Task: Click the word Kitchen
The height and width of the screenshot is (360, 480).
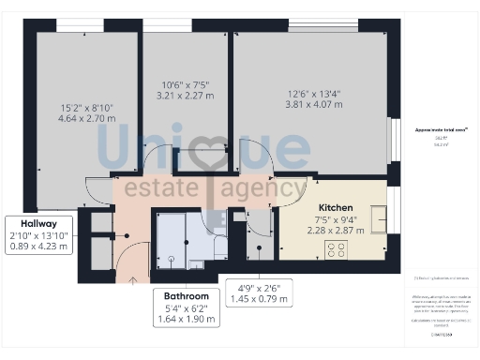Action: point(335,206)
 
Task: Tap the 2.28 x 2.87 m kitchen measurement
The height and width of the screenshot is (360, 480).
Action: point(335,231)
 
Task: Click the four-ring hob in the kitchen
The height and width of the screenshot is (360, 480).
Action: point(335,250)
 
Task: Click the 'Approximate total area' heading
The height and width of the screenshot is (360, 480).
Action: point(442,129)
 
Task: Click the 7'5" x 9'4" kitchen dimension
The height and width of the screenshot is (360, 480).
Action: point(335,218)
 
